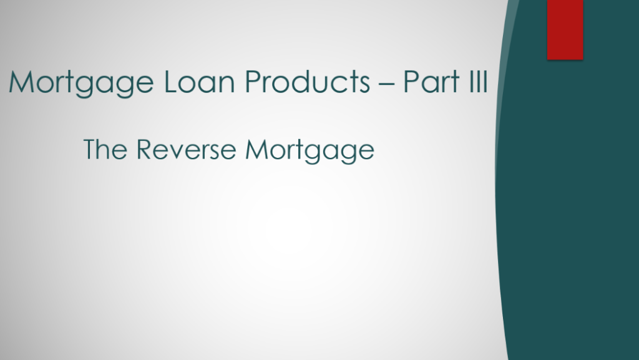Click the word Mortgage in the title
click(81, 83)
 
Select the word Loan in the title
click(199, 82)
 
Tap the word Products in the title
click(308, 81)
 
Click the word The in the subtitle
click(105, 149)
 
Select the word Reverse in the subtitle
click(186, 149)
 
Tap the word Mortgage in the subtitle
click(310, 151)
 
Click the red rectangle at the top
click(565, 30)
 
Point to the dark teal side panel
click(570, 203)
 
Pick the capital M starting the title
click(21, 82)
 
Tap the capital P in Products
click(253, 82)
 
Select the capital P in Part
click(411, 82)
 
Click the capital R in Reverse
click(144, 149)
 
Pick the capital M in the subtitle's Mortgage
click(256, 149)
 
